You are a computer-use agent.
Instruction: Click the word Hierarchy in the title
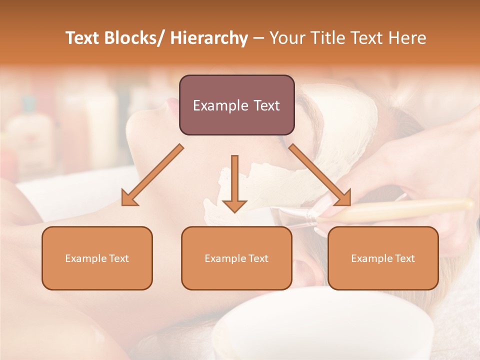209,38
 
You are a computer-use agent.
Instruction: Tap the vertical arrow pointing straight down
234,185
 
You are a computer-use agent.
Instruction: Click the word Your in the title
286,38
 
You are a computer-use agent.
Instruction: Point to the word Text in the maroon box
265,105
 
